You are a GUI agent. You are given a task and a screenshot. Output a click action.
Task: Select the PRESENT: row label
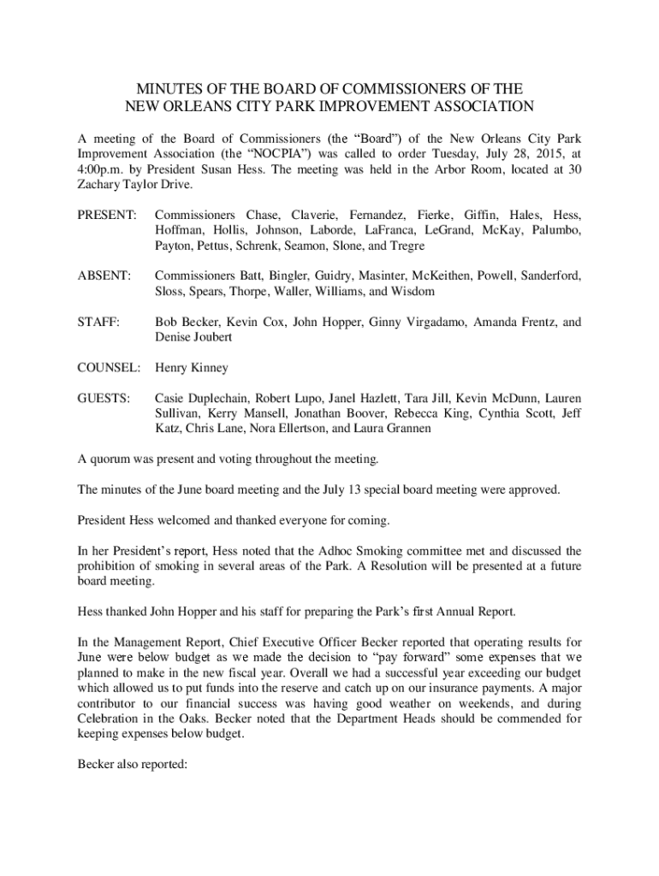106,215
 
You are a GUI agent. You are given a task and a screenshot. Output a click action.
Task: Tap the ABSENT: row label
104,275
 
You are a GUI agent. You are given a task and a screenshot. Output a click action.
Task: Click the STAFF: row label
98,322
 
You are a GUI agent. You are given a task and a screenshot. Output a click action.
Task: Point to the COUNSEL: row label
109,368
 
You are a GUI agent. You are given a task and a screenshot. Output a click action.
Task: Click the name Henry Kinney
192,368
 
